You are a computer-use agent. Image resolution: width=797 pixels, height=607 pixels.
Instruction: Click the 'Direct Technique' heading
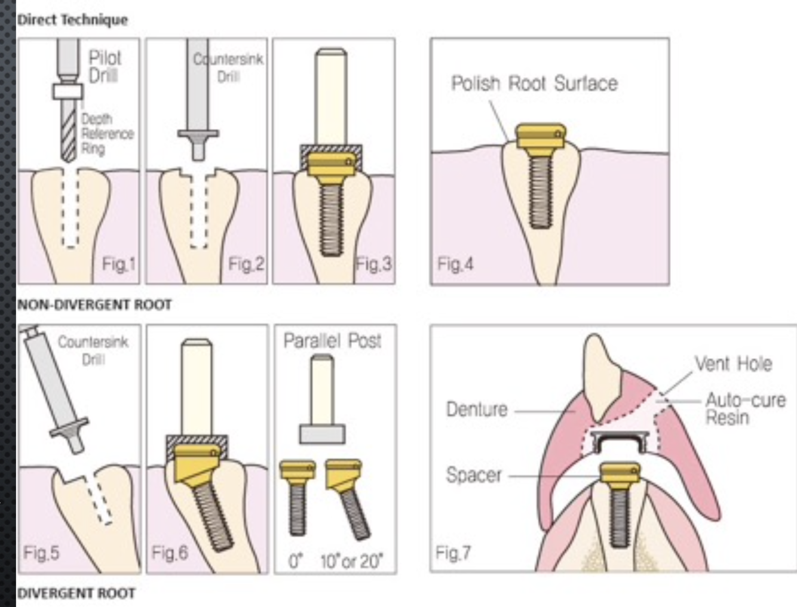coord(72,20)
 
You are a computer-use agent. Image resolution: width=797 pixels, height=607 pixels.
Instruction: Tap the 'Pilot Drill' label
coord(105,66)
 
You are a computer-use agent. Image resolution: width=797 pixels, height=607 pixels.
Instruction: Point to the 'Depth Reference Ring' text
coord(108,134)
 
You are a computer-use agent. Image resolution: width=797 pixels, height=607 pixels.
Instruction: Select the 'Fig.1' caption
coord(119,263)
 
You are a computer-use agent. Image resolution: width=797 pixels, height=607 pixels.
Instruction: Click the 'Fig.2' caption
coord(246,263)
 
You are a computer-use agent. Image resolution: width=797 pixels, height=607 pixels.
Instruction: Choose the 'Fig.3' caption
coord(374,263)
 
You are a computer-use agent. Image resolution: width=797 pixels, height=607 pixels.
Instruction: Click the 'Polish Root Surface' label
coord(534,84)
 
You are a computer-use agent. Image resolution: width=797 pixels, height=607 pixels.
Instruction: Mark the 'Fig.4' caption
coord(455,263)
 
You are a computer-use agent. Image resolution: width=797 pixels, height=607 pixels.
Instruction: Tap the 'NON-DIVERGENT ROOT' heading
coord(94,305)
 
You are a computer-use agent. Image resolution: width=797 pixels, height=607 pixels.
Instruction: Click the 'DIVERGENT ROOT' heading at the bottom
coord(76,593)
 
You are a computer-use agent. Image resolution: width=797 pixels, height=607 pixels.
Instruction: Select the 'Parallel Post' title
coord(332,341)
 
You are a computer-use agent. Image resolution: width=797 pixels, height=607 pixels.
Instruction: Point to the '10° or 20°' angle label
coord(351,561)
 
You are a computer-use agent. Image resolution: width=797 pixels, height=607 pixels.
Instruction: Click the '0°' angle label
coord(296,561)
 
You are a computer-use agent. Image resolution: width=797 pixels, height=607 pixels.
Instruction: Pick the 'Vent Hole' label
coord(733,363)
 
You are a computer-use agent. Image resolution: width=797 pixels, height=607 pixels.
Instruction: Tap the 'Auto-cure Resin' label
coord(746,408)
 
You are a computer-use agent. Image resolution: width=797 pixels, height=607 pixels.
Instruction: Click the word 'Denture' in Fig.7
coord(477,409)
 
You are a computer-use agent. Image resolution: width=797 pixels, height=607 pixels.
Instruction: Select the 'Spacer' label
coord(474,475)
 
